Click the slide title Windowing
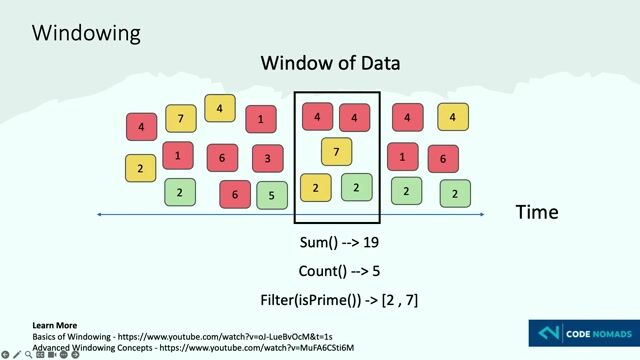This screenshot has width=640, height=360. pos(86,33)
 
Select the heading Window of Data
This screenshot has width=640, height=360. pos(330,63)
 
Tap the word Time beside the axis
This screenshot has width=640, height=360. pos(536,212)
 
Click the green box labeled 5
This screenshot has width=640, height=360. pos(272,195)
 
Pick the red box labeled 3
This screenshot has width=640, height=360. pos(268,158)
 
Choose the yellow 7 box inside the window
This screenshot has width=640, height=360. pos(337,152)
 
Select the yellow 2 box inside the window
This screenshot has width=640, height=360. pos(316,187)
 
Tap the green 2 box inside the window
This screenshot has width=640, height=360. pos(356,186)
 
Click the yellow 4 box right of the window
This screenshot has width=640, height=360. pos(453,117)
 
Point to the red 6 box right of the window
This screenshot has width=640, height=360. pos(443,158)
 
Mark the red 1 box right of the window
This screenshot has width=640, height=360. pos(402,156)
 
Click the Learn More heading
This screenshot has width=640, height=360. pos(54,326)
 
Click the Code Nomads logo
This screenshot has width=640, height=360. pos(580,333)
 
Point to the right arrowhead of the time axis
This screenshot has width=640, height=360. pos(483,214)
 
